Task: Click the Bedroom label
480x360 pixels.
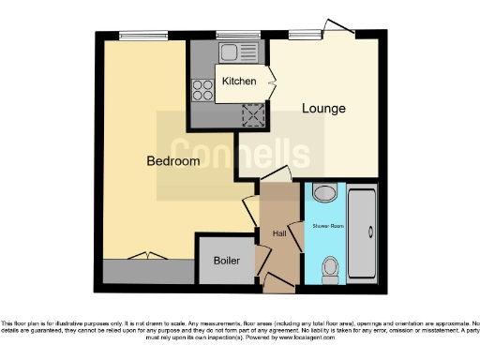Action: click(x=173, y=161)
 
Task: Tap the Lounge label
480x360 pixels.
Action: click(x=323, y=109)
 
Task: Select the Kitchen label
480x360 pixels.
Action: click(x=239, y=82)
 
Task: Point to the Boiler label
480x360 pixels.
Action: click(x=227, y=261)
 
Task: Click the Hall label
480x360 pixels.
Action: click(x=278, y=232)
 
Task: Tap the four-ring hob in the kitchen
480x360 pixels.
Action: click(x=203, y=90)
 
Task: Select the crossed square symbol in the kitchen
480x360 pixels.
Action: click(x=252, y=114)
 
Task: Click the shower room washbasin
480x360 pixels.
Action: click(x=324, y=194)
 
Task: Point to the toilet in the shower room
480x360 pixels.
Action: click(x=329, y=271)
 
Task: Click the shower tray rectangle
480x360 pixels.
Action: click(x=363, y=236)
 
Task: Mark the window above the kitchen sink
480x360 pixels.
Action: click(x=230, y=35)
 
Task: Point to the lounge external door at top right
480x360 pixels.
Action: click(x=337, y=28)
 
